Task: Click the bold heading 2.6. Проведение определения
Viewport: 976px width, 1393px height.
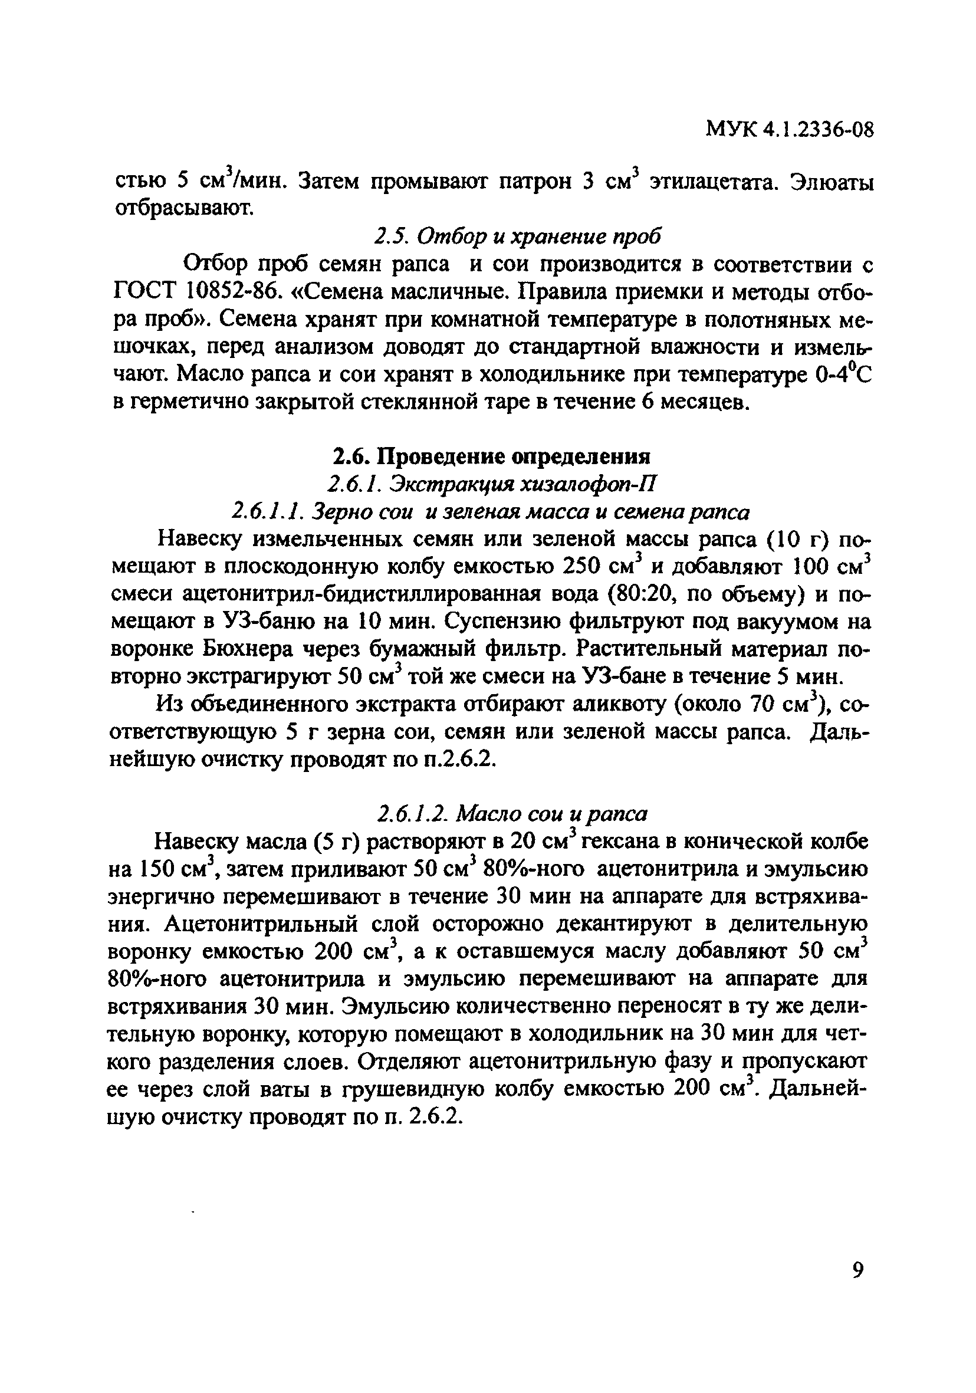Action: pyautogui.click(x=491, y=455)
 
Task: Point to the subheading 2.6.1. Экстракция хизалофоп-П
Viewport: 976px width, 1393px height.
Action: pyautogui.click(x=491, y=484)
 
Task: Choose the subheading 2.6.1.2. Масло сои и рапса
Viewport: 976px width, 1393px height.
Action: pyautogui.click(x=512, y=813)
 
